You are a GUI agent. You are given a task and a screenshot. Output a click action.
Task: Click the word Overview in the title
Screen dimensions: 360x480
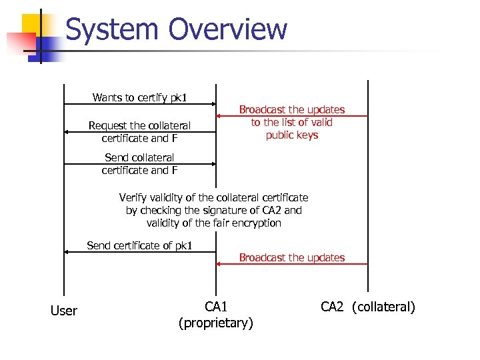pyautogui.click(x=228, y=30)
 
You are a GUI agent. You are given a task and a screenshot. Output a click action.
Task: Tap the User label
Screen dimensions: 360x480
pyautogui.click(x=64, y=311)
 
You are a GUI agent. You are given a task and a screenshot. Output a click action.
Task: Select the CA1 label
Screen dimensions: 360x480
pyautogui.click(x=216, y=307)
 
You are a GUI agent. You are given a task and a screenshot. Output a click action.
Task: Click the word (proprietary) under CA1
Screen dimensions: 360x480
pyautogui.click(x=216, y=324)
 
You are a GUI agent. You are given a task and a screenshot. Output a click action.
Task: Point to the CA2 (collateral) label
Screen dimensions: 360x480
pyautogui.click(x=367, y=307)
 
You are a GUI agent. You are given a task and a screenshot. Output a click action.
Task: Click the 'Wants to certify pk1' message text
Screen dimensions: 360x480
pyautogui.click(x=139, y=98)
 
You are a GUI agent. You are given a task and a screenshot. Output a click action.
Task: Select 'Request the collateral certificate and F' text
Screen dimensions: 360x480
pyautogui.click(x=139, y=132)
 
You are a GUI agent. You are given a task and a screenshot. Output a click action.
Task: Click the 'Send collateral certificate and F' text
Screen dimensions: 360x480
pyautogui.click(x=139, y=164)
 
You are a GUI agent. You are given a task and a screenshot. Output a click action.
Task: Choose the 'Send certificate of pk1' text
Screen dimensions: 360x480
pyautogui.click(x=139, y=246)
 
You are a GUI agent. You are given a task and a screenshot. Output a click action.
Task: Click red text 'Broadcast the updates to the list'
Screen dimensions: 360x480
pyautogui.click(x=292, y=122)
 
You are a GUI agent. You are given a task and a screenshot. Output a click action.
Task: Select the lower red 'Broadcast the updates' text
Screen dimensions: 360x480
pyautogui.click(x=292, y=257)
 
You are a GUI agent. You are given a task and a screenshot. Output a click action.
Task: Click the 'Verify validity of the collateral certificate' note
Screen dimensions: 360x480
pyautogui.click(x=213, y=210)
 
